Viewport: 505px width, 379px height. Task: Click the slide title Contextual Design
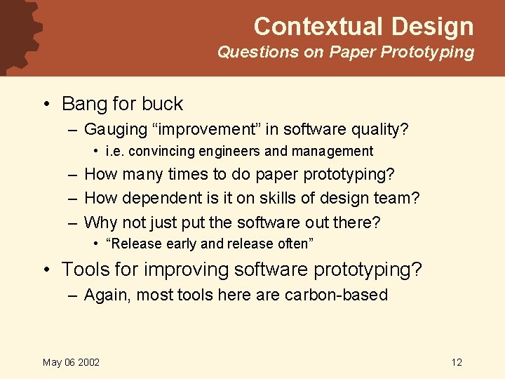(363, 27)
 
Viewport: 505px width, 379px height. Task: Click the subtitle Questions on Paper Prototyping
(345, 52)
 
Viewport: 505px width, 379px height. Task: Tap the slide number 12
(457, 362)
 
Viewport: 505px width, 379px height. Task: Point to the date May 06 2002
(71, 362)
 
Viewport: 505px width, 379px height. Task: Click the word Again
(106, 295)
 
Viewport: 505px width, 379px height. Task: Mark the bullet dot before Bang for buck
(46, 105)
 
